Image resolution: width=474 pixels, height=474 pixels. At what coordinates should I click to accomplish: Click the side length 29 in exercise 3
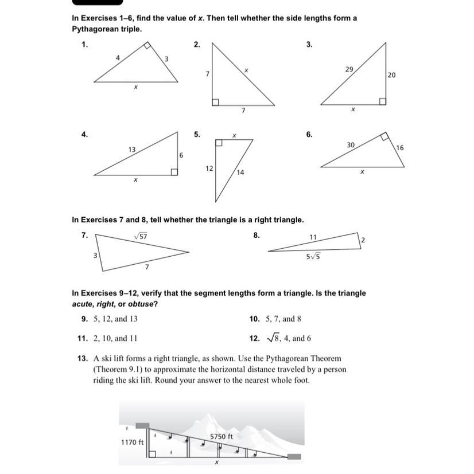[x=349, y=69]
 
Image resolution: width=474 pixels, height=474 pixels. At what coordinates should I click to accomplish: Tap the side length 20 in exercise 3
[x=391, y=75]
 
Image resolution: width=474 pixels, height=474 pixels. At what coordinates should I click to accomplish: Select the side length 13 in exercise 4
[x=131, y=149]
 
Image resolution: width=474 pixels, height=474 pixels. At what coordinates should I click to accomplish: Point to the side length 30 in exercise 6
[x=350, y=146]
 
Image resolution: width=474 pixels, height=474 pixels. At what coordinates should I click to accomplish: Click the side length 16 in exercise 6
[x=399, y=148]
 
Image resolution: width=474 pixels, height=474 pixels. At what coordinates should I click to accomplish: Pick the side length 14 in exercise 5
[x=240, y=172]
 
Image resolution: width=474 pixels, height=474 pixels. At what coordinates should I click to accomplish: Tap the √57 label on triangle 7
[x=141, y=236]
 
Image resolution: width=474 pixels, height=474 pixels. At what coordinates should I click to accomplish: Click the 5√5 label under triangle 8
[x=313, y=256]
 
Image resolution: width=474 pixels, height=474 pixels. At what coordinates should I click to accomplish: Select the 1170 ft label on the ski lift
[x=132, y=442]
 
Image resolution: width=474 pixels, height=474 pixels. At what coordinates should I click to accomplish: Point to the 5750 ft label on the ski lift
[x=221, y=436]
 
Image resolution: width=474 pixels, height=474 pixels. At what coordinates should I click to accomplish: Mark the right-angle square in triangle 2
[x=215, y=102]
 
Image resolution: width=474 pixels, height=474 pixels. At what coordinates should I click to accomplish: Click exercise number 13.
[x=81, y=358]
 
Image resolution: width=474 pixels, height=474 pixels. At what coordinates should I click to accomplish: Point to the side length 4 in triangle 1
[x=118, y=58]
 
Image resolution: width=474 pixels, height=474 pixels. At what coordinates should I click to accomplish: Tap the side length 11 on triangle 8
[x=313, y=236]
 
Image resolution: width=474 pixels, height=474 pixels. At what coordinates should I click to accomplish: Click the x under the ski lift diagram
[x=216, y=462]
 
